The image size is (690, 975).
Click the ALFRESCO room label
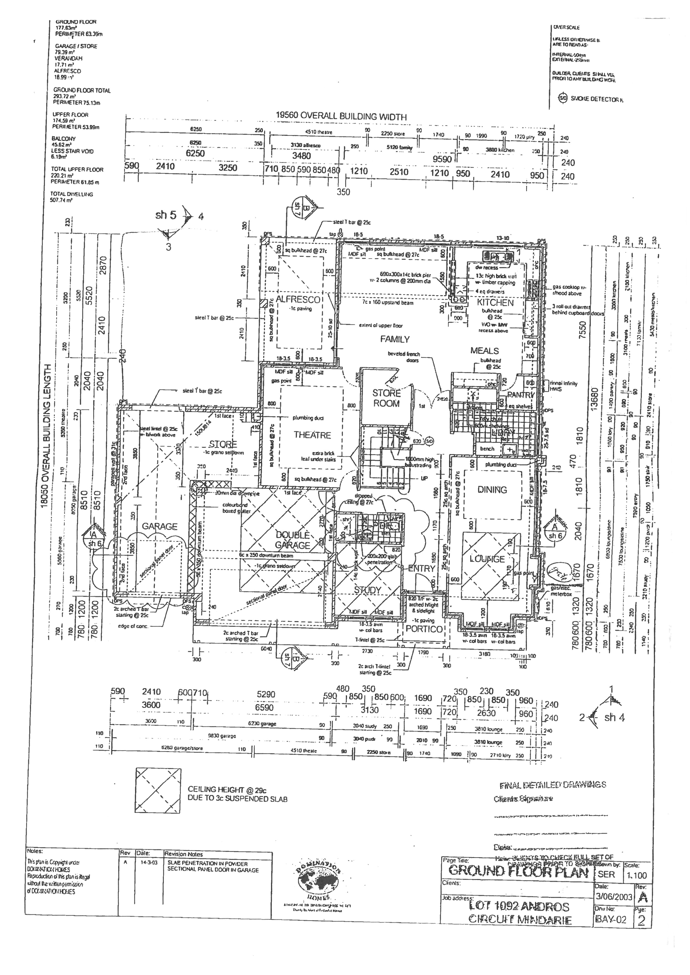[297, 299]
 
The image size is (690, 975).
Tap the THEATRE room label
[312, 435]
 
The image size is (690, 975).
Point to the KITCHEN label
[495, 303]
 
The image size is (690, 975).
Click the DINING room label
[492, 490]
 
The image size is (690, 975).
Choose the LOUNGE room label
[487, 559]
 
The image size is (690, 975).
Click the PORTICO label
[424, 629]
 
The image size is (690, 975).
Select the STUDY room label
[368, 590]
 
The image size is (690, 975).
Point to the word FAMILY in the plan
[395, 339]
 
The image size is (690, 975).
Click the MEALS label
[484, 351]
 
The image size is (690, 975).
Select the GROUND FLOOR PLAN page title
[518, 871]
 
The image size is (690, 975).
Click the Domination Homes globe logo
[317, 875]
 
